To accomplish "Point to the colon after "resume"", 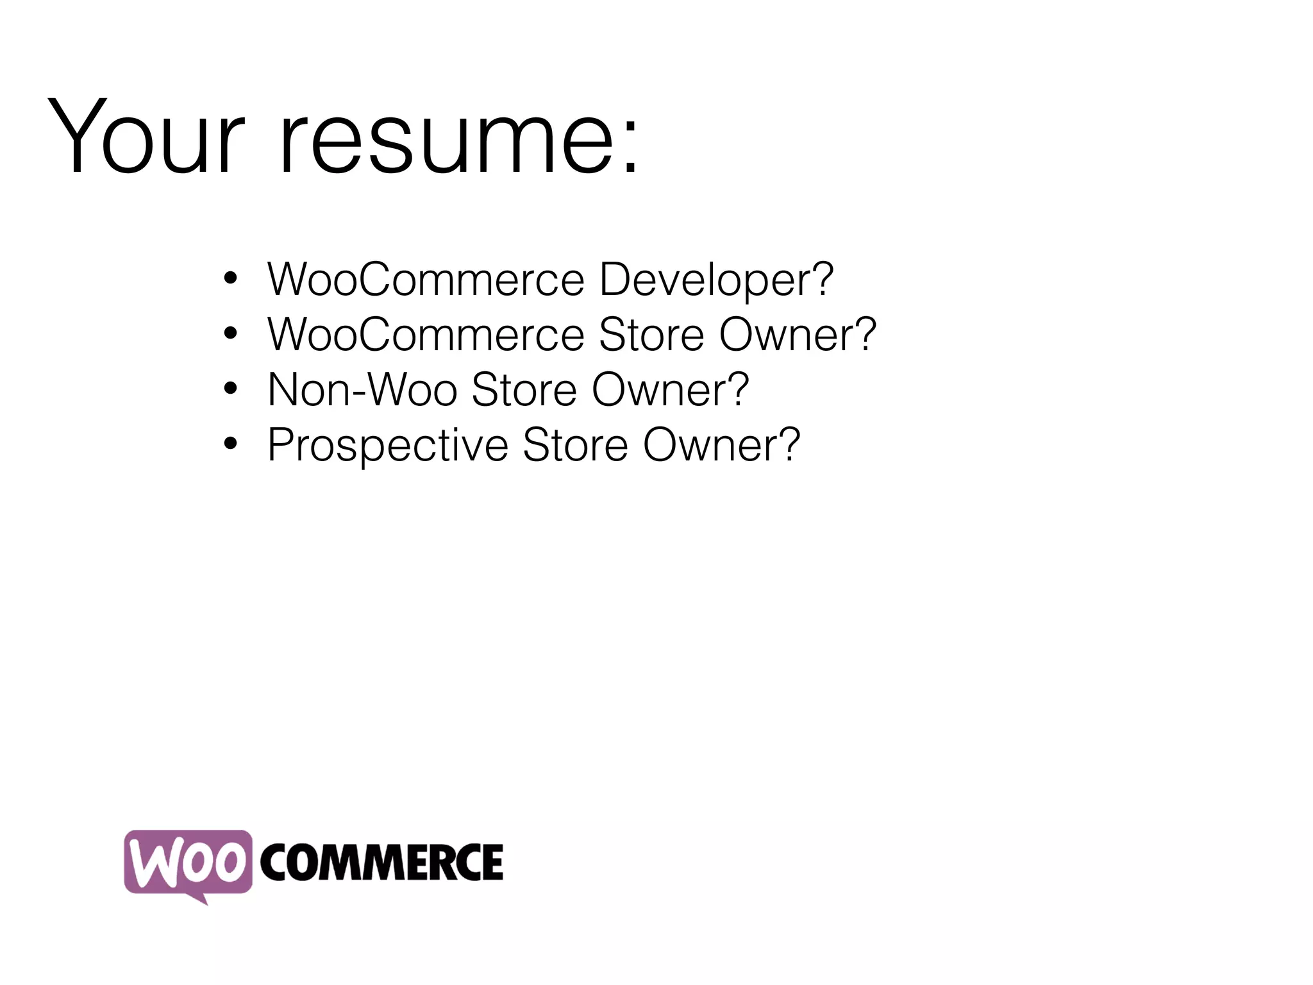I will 631,143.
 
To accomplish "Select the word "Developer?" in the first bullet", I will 716,280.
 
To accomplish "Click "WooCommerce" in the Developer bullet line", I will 426,280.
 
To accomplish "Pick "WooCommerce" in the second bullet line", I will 426,335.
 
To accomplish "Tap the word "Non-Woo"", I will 362,390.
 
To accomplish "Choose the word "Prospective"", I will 387,446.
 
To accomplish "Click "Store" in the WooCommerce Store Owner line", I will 651,335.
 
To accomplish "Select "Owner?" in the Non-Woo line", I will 670,390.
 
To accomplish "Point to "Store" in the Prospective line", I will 575,446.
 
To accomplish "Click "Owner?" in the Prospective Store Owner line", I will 721,446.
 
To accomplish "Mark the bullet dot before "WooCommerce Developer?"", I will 230,278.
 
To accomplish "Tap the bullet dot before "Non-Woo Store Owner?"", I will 230,388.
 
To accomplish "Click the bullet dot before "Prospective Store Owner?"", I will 230,443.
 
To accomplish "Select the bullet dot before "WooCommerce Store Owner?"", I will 230,333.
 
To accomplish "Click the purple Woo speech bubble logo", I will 188,862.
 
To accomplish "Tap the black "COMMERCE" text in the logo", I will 381,863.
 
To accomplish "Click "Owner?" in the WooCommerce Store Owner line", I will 797,335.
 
